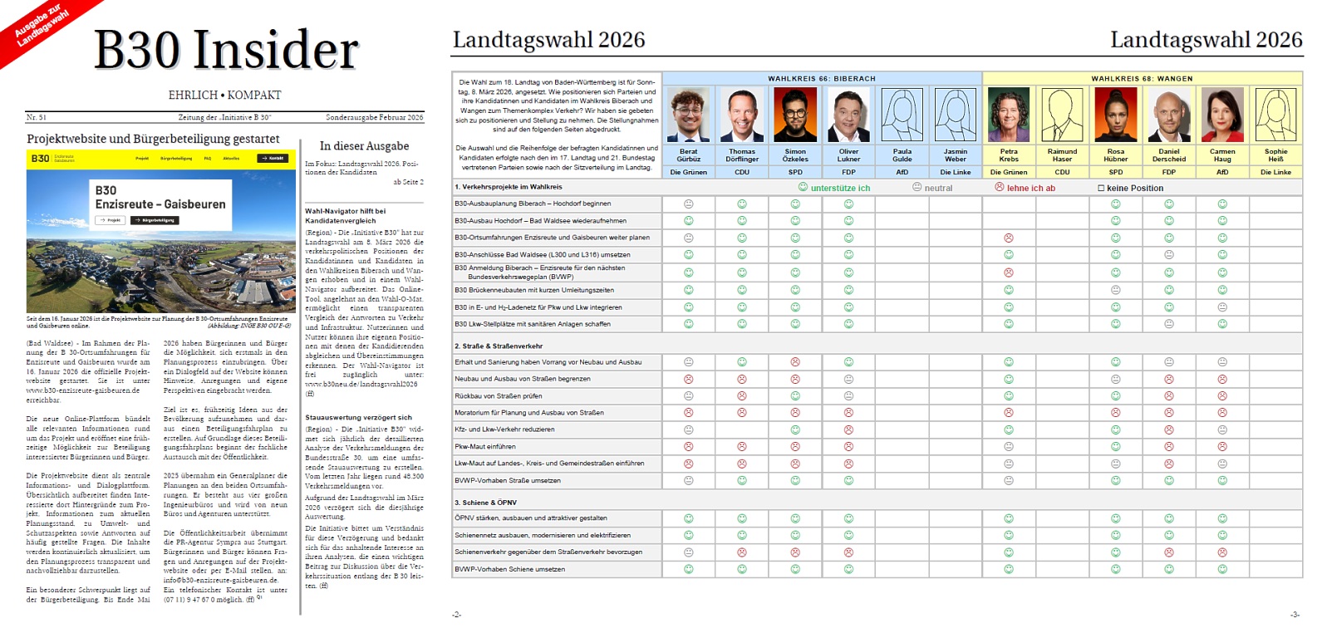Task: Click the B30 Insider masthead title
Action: [226, 50]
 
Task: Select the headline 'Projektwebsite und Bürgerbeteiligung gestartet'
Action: [153, 139]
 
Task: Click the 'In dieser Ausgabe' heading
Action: [364, 146]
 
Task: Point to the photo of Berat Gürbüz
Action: [688, 115]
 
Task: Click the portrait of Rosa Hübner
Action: [1115, 115]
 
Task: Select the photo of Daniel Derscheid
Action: [1168, 115]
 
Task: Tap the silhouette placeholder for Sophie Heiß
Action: [1275, 115]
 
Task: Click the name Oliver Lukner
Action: [848, 155]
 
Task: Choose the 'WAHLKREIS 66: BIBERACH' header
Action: [821, 79]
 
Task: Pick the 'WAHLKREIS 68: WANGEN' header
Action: [1142, 79]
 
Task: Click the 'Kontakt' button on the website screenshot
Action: [273, 158]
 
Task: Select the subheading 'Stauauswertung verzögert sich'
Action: [358, 417]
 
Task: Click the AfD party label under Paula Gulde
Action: [902, 172]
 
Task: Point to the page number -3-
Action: [1294, 615]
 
